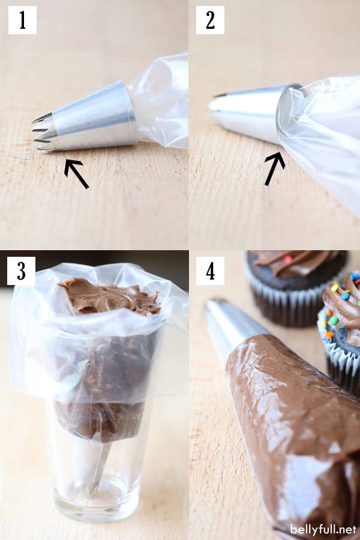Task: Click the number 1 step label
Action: pyautogui.click(x=22, y=20)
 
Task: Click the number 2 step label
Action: pyautogui.click(x=210, y=20)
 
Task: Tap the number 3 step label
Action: pyautogui.click(x=22, y=271)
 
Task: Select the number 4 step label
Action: pyautogui.click(x=210, y=271)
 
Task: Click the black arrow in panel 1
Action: pyautogui.click(x=76, y=173)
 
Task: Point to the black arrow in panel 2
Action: pyautogui.click(x=275, y=169)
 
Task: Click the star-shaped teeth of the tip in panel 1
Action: pyautogui.click(x=42, y=133)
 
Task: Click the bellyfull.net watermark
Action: pyautogui.click(x=323, y=529)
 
